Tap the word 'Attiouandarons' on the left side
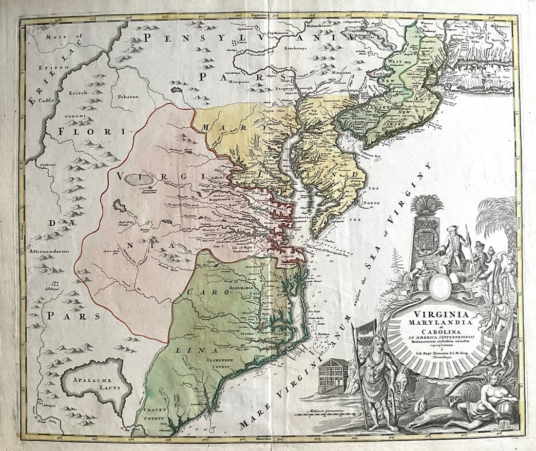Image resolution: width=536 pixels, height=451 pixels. (50, 252)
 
